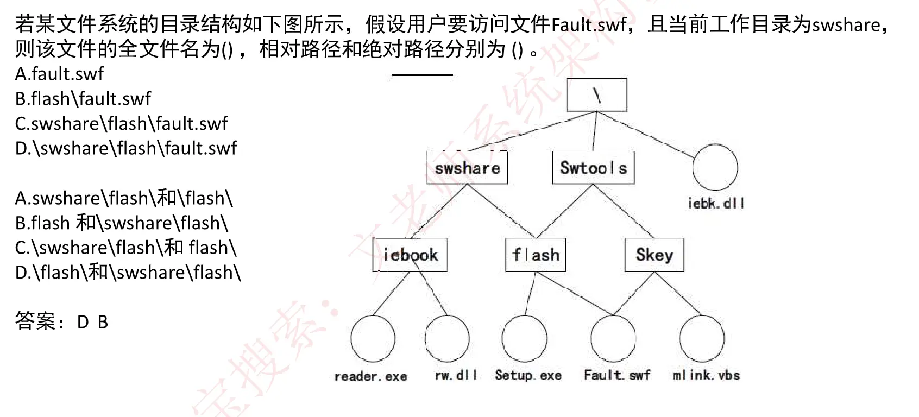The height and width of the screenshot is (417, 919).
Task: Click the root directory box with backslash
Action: click(596, 96)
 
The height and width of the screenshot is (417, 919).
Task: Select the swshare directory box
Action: click(467, 168)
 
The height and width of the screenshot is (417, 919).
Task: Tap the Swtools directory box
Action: click(593, 168)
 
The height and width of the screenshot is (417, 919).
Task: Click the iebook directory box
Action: click(410, 255)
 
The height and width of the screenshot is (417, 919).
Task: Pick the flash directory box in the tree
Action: click(536, 255)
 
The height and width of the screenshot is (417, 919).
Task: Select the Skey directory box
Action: click(654, 255)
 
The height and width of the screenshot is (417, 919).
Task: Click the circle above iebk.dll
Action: click(715, 168)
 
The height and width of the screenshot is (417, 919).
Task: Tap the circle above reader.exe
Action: click(373, 338)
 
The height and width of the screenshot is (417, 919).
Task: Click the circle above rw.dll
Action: click(447, 338)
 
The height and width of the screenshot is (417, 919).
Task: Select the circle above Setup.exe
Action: click(524, 338)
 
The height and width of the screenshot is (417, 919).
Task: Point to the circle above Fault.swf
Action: click(613, 338)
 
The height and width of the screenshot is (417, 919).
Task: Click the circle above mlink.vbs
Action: click(702, 338)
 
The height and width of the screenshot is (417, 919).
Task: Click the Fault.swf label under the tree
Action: click(616, 375)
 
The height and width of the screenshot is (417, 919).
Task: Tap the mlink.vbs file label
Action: click(706, 375)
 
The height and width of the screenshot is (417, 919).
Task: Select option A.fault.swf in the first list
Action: click(59, 74)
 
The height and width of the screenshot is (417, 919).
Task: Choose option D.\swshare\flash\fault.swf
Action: click(126, 148)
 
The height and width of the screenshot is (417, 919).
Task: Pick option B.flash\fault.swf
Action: click(83, 99)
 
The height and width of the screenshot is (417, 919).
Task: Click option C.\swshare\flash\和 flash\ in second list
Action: click(126, 248)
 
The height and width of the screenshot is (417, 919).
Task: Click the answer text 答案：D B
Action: click(61, 322)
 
